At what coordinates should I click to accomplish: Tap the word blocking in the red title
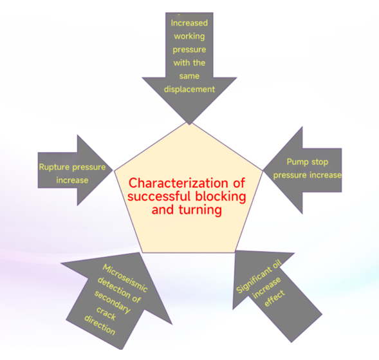point(221,196)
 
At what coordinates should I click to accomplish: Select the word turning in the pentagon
point(200,210)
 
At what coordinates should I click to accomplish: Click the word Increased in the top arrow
point(189,23)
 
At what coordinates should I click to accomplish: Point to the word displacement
point(189,90)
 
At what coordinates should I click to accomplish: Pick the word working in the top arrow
point(189,37)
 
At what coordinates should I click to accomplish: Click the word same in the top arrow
point(189,76)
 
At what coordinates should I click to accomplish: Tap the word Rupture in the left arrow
point(55,167)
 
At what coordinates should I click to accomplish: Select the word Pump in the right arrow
point(297,162)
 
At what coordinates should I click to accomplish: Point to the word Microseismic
point(125,278)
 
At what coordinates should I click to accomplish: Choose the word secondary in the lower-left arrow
point(113,302)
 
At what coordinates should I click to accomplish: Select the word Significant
point(254,280)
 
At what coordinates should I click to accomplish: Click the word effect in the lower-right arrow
point(275,298)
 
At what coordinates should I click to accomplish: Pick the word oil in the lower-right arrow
point(277,264)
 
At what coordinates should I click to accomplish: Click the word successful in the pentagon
point(160,196)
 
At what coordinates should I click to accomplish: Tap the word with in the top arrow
point(181,63)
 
